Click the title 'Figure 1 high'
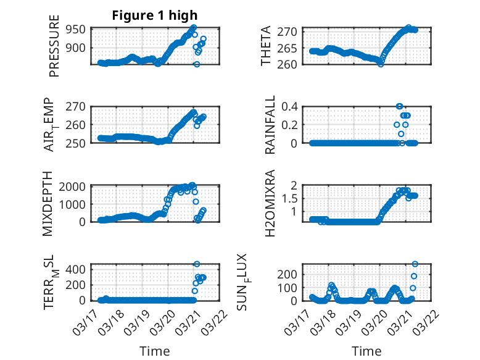tap(154, 15)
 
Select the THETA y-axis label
tap(266, 46)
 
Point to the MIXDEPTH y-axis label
tap(48, 204)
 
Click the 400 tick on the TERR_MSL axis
tap(77, 269)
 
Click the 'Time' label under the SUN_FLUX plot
tap(366, 351)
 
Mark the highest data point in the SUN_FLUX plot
tap(415, 264)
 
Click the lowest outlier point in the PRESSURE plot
tap(197, 64)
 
